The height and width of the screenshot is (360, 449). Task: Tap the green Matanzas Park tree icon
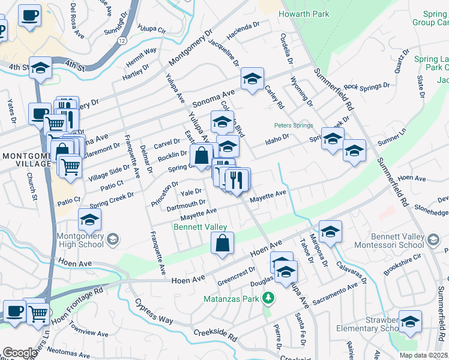click(270, 298)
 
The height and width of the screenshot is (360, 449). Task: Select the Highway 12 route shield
click(122, 40)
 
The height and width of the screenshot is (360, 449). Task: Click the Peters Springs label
click(294, 125)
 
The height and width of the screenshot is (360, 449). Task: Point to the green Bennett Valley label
click(200, 227)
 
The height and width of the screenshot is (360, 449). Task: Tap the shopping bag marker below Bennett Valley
click(222, 244)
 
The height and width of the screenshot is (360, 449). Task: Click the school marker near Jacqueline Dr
click(253, 78)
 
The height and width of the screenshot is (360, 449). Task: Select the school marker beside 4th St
click(41, 69)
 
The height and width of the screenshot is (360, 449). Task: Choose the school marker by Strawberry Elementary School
click(411, 323)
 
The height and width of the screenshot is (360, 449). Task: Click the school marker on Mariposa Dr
click(330, 230)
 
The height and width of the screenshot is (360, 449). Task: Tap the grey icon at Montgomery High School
click(112, 241)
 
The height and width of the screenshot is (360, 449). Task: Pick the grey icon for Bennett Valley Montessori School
click(431, 241)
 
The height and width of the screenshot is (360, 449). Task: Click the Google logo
click(20, 353)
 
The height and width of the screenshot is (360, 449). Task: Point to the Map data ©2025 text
click(423, 355)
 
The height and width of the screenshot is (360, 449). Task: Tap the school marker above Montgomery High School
click(90, 220)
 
